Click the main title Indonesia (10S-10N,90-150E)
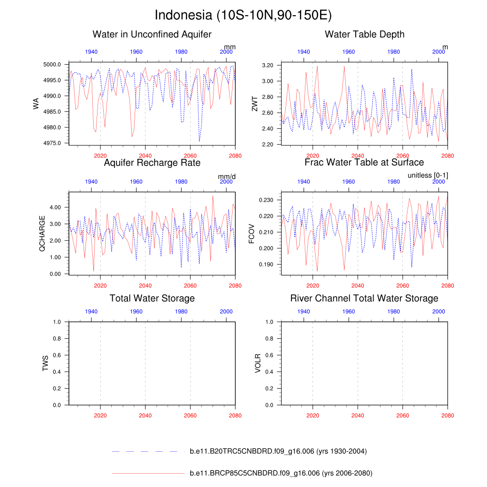pyautogui.click(x=243, y=15)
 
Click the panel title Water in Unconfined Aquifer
pyautogui.click(x=152, y=34)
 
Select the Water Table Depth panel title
pyautogui.click(x=364, y=34)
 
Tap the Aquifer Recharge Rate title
pyautogui.click(x=152, y=163)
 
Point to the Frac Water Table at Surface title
pyautogui.click(x=364, y=163)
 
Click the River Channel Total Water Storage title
pyautogui.click(x=364, y=299)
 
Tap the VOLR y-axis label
pyautogui.click(x=258, y=363)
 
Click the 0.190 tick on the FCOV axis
pyautogui.click(x=268, y=264)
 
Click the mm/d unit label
pyautogui.click(x=227, y=177)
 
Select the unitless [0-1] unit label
pyautogui.click(x=428, y=175)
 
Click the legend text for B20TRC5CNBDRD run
pyautogui.click(x=278, y=451)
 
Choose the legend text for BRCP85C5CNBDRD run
pyautogui.click(x=281, y=474)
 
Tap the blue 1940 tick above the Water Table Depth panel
pyautogui.click(x=304, y=51)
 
